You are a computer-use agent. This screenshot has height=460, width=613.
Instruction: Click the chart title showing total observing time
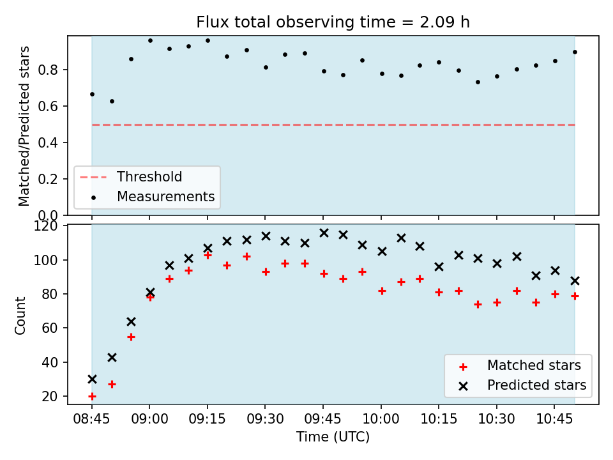point(333,22)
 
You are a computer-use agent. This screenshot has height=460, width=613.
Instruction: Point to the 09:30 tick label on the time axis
point(265,419)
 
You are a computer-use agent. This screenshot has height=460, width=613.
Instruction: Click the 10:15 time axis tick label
point(439,419)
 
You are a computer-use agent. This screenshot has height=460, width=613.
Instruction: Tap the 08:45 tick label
point(92,419)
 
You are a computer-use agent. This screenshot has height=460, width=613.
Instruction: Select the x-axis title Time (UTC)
point(333,436)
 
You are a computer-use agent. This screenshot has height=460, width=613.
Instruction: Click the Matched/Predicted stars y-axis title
point(24,126)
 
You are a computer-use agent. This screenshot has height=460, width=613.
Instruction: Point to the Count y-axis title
point(20,316)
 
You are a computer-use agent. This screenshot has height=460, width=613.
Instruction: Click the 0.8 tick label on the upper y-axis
point(48,70)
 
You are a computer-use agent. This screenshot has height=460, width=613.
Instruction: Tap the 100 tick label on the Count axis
point(45,260)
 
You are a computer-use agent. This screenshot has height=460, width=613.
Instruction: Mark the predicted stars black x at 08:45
point(92,379)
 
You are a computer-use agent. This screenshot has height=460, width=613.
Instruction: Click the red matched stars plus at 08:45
point(92,396)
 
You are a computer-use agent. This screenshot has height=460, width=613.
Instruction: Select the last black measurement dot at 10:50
point(575,52)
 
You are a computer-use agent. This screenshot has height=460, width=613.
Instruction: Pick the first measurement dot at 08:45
point(92,95)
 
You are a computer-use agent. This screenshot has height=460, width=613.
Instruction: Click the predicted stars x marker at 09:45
point(324,233)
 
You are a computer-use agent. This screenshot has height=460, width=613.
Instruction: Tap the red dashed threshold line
point(333,125)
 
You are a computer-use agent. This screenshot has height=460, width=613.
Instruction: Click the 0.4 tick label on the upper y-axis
point(48,142)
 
